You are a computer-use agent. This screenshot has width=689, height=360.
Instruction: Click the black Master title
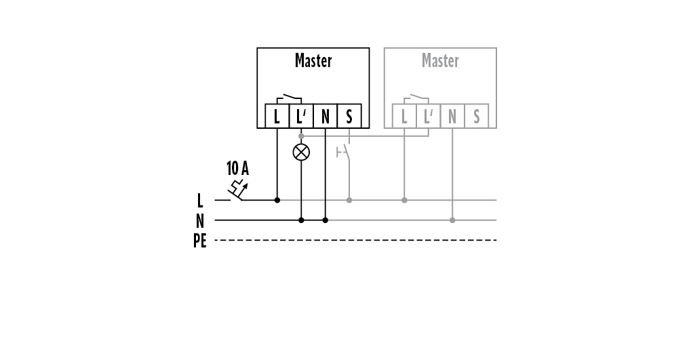click(x=313, y=61)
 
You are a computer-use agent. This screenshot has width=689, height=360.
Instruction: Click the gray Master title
click(x=440, y=61)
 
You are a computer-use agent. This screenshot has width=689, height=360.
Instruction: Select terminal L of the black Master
click(x=277, y=117)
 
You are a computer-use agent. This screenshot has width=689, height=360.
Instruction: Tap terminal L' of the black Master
click(x=301, y=117)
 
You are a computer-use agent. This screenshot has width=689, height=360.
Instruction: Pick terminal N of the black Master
click(x=326, y=117)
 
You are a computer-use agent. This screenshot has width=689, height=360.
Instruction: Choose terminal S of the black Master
click(x=349, y=117)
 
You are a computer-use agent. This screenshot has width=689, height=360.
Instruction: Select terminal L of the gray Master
click(x=404, y=117)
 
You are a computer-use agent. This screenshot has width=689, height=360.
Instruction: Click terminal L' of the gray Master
click(x=428, y=117)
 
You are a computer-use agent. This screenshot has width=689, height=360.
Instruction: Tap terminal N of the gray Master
click(x=452, y=117)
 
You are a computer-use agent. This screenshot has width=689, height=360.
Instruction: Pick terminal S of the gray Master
click(x=476, y=117)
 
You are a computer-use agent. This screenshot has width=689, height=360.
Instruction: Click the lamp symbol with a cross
click(x=301, y=152)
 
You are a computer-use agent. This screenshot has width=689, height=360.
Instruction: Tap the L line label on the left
click(x=199, y=201)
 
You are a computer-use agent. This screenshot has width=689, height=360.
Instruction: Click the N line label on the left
click(x=199, y=220)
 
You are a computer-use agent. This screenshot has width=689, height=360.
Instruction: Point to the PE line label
click(x=199, y=241)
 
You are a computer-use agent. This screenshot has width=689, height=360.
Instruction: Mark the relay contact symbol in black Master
click(x=290, y=96)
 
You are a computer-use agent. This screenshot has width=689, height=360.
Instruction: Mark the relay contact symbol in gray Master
click(x=416, y=96)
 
